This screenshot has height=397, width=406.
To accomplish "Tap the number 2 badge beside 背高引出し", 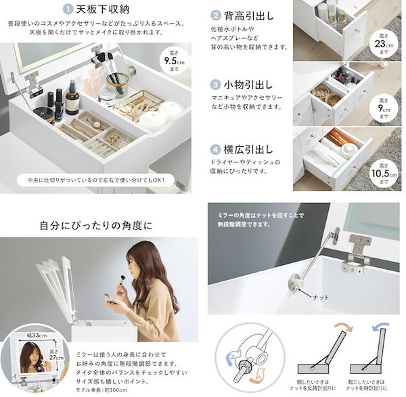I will (216, 15).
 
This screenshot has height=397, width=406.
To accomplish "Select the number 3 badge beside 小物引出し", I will (216, 85).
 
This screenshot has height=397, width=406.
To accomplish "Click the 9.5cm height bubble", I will (175, 63).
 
